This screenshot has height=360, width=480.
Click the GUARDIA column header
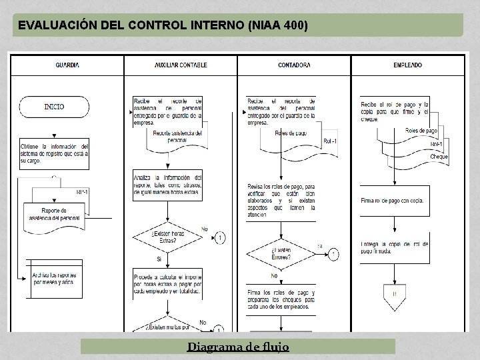tap(67, 65)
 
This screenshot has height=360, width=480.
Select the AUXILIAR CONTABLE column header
tap(181, 65)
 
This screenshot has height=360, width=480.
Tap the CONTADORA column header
tap(294, 65)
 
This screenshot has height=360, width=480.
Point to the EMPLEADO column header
tap(407, 65)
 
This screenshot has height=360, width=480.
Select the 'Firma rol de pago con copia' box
tap(395, 200)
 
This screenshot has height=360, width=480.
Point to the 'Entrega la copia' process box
tap(395, 247)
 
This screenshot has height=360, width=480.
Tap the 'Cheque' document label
tap(439, 157)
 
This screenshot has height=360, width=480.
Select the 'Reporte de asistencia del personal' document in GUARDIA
tap(55, 213)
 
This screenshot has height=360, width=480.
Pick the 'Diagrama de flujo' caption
tap(237, 347)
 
